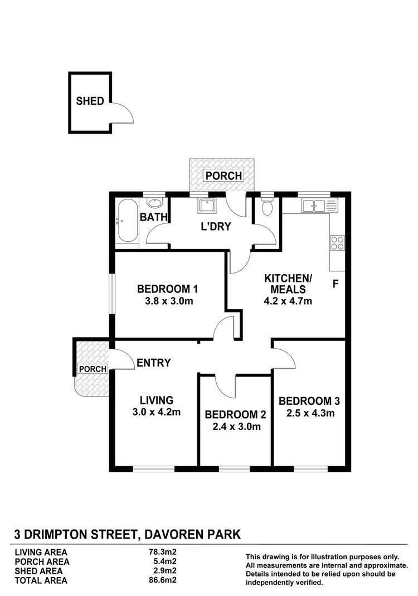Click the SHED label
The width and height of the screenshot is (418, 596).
tap(90, 101)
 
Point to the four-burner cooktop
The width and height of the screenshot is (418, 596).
tap(337, 242)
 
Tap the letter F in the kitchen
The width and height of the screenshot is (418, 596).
tap(336, 284)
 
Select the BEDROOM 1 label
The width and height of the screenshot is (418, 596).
tap(168, 289)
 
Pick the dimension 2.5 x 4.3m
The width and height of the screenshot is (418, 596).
tap(309, 413)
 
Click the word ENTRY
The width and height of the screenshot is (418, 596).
tap(154, 363)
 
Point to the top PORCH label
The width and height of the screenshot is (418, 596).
tap(223, 175)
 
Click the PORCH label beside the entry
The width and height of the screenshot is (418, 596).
tap(92, 369)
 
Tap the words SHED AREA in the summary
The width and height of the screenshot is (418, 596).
tap(38, 571)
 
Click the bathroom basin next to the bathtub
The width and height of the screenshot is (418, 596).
tap(157, 203)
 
